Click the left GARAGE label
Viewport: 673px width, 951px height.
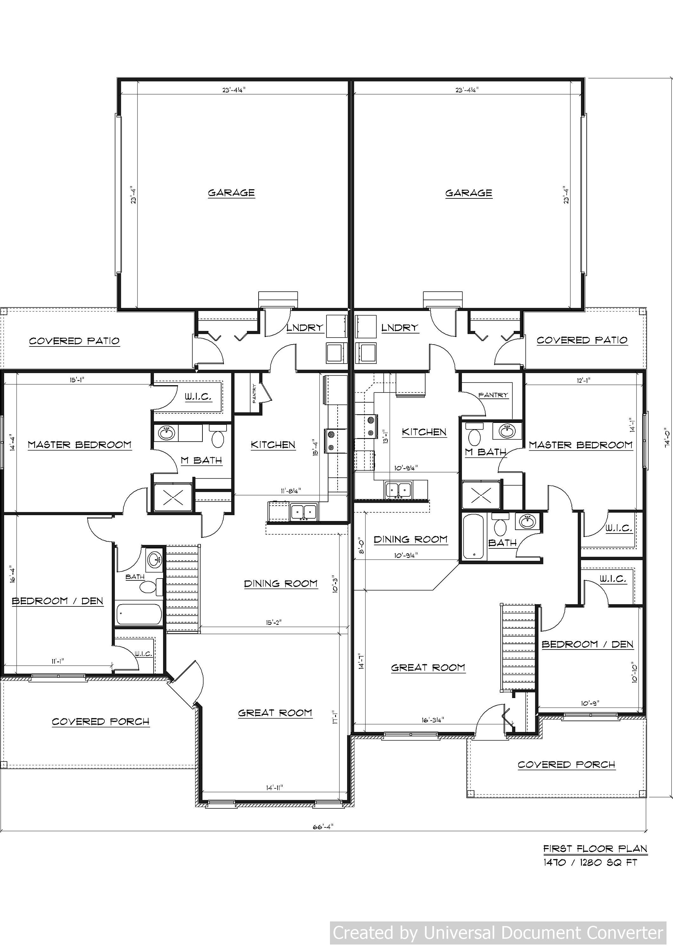pyautogui.click(x=231, y=193)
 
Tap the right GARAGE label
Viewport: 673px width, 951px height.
pyautogui.click(x=469, y=193)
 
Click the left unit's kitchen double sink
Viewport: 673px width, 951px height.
pyautogui.click(x=304, y=512)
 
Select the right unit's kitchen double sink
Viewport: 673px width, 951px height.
pyautogui.click(x=398, y=490)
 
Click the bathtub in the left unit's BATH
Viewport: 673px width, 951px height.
pyautogui.click(x=138, y=614)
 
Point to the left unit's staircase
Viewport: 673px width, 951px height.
pyautogui.click(x=182, y=589)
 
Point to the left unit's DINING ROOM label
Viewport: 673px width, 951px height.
pyautogui.click(x=281, y=584)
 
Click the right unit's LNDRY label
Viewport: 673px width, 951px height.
pyautogui.click(x=400, y=328)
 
